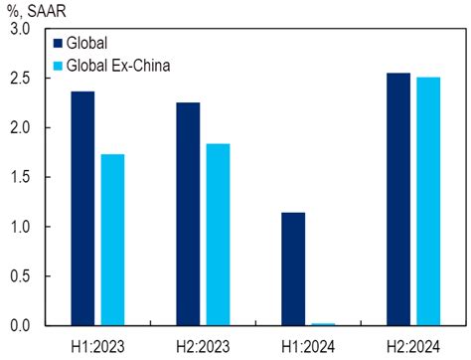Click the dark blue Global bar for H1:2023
coord(82,209)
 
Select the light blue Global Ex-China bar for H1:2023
coord(112,240)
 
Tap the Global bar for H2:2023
coord(188,214)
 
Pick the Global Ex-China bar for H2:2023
coord(218,235)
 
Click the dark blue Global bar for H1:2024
coord(293,269)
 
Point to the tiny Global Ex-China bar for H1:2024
coord(323,324)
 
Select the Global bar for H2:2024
coord(398,199)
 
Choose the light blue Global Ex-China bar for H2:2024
coord(428,201)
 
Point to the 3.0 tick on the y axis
coord(18,29)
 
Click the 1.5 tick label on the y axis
coord(18,177)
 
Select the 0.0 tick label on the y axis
coord(18,326)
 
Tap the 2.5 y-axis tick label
coord(18,79)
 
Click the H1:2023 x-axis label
coord(97,345)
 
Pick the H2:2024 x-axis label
coord(413,345)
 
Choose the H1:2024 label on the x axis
coord(308,345)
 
